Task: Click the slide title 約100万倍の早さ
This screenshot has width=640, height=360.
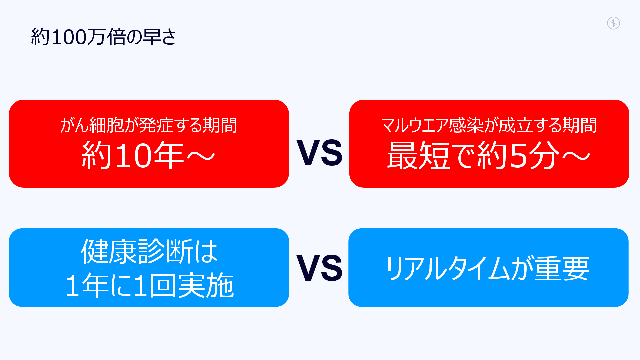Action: (103, 37)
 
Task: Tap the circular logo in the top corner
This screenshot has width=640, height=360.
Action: (613, 23)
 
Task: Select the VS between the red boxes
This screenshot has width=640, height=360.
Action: (319, 153)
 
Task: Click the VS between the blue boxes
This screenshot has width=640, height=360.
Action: (319, 268)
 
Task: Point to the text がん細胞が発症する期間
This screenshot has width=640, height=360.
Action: (149, 125)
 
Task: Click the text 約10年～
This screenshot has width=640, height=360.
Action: (149, 155)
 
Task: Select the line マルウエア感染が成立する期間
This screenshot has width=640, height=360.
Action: (489, 125)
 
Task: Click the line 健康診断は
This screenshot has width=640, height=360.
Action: (149, 251)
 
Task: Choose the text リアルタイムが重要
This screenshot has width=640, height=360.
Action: (488, 269)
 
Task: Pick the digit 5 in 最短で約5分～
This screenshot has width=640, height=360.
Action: (518, 155)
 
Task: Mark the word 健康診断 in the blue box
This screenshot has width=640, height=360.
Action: (137, 251)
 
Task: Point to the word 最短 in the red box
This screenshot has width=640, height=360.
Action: (419, 155)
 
